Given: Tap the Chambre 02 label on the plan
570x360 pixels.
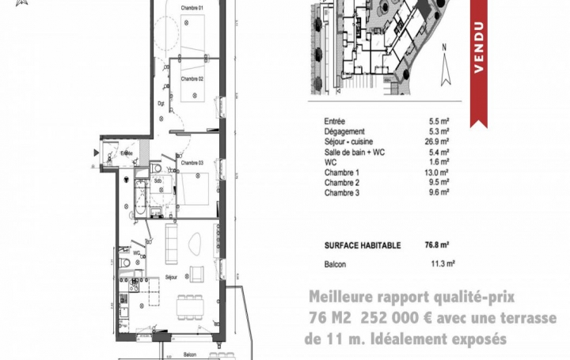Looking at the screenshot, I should coord(192,79).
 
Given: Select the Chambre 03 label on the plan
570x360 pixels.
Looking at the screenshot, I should coord(192,163).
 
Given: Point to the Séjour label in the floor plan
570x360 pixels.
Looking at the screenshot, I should coord(169,277).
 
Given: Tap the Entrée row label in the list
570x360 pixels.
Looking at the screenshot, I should coord(334,121).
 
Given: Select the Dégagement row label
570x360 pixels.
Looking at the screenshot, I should coord(344,131).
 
